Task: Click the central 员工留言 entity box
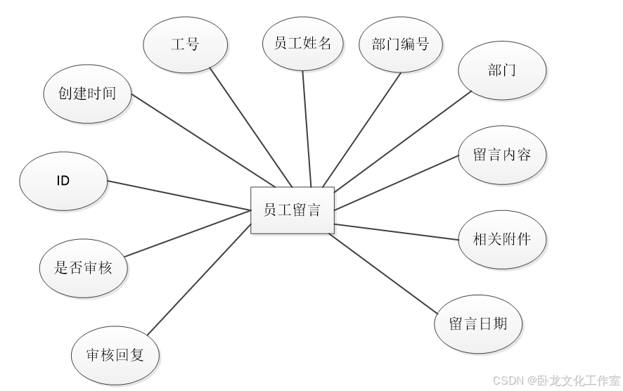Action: pyautogui.click(x=293, y=210)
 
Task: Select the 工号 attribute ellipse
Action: pyautogui.click(x=186, y=44)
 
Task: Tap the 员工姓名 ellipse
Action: pyautogui.click(x=303, y=42)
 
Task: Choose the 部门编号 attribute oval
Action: pyautogui.click(x=401, y=44)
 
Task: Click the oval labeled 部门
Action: pyautogui.click(x=501, y=70)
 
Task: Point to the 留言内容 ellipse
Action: pyautogui.click(x=501, y=155)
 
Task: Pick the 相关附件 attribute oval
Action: pyautogui.click(x=501, y=239)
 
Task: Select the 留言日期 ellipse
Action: pyautogui.click(x=478, y=323)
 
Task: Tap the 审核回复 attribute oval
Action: pyautogui.click(x=115, y=354)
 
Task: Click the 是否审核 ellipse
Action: pyautogui.click(x=84, y=267)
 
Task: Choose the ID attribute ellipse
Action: pyautogui.click(x=63, y=181)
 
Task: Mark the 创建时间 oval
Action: pyautogui.click(x=88, y=94)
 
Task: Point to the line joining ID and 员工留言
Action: pyautogui.click(x=179, y=195)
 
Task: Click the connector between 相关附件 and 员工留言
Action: pyautogui.click(x=397, y=232)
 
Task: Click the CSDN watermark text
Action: pyautogui.click(x=555, y=380)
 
